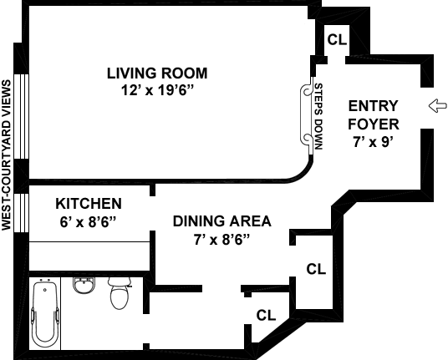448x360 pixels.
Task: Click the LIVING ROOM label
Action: click(x=157, y=73)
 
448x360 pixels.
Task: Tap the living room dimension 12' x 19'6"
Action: click(x=157, y=90)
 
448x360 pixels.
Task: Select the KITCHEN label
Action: click(x=89, y=204)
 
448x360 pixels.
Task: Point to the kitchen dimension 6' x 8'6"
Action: click(x=89, y=222)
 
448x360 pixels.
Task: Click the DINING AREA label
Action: click(x=222, y=221)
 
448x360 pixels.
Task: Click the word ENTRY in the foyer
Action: click(x=373, y=106)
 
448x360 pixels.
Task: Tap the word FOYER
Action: click(x=374, y=124)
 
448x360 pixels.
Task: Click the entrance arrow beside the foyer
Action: click(x=437, y=105)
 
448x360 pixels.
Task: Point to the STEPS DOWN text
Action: click(x=318, y=116)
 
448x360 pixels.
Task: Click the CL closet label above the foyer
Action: click(x=337, y=40)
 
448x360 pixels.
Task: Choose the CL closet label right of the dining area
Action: click(x=316, y=269)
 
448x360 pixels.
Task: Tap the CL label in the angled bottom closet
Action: click(x=266, y=315)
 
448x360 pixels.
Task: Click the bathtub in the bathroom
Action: click(x=45, y=313)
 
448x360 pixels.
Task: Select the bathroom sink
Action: click(x=83, y=285)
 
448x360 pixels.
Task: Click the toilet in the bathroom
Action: click(x=120, y=293)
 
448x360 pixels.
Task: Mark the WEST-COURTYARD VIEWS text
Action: click(x=7, y=155)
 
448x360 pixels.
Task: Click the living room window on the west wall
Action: click(x=22, y=116)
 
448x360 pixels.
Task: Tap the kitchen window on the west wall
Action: click(x=22, y=213)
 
